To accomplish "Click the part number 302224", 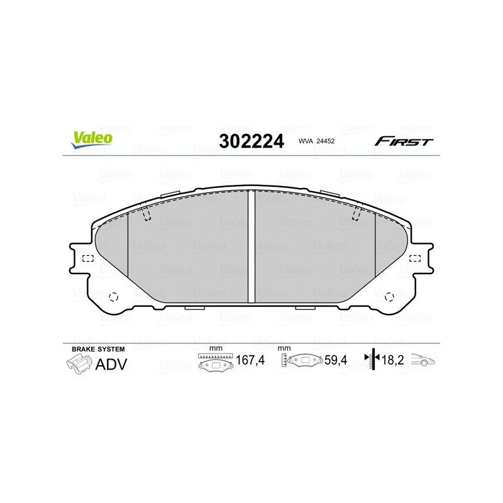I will coord(250,141).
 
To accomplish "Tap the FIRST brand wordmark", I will coord(404,141).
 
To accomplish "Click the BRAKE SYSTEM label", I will coord(97,348).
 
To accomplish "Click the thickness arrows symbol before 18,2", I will coord(372,359).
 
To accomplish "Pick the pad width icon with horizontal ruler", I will coord(215,362).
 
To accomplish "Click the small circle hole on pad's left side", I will coord(114,296).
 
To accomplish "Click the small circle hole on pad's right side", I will coord(388,296).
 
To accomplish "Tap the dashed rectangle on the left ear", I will coord(87,258).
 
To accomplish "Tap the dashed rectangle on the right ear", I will coord(415,258).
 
